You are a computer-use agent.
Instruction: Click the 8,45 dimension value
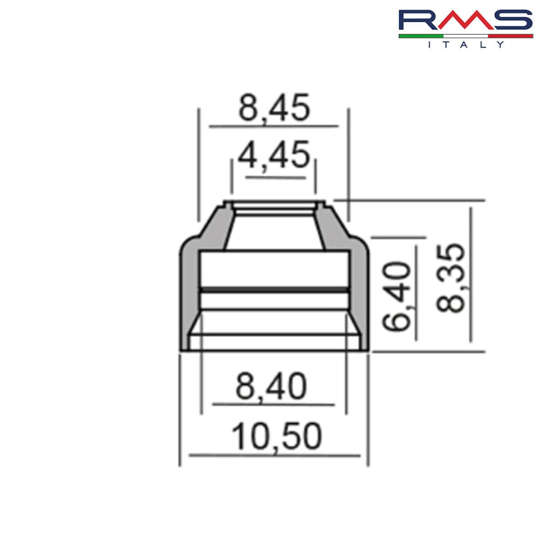pos(274,109)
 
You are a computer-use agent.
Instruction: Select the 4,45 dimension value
pos(274,155)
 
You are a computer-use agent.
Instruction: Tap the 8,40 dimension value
pos(271,387)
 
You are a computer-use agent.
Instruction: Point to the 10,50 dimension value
pos(277,437)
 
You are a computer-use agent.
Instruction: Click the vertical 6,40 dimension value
pos(396,296)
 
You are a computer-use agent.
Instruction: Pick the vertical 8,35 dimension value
pos(451,278)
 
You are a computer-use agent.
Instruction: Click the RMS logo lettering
pos(465,20)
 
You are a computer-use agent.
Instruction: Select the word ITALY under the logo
pos(466,45)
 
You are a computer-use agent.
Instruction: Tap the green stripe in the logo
pos(421,35)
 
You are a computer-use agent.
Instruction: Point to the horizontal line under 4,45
pos(275,178)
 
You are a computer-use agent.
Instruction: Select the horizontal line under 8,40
pos(273,404)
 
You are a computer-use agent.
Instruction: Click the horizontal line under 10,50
pos(274,455)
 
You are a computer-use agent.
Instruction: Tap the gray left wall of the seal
pos(190,295)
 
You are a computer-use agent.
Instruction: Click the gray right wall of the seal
pos(358,295)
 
